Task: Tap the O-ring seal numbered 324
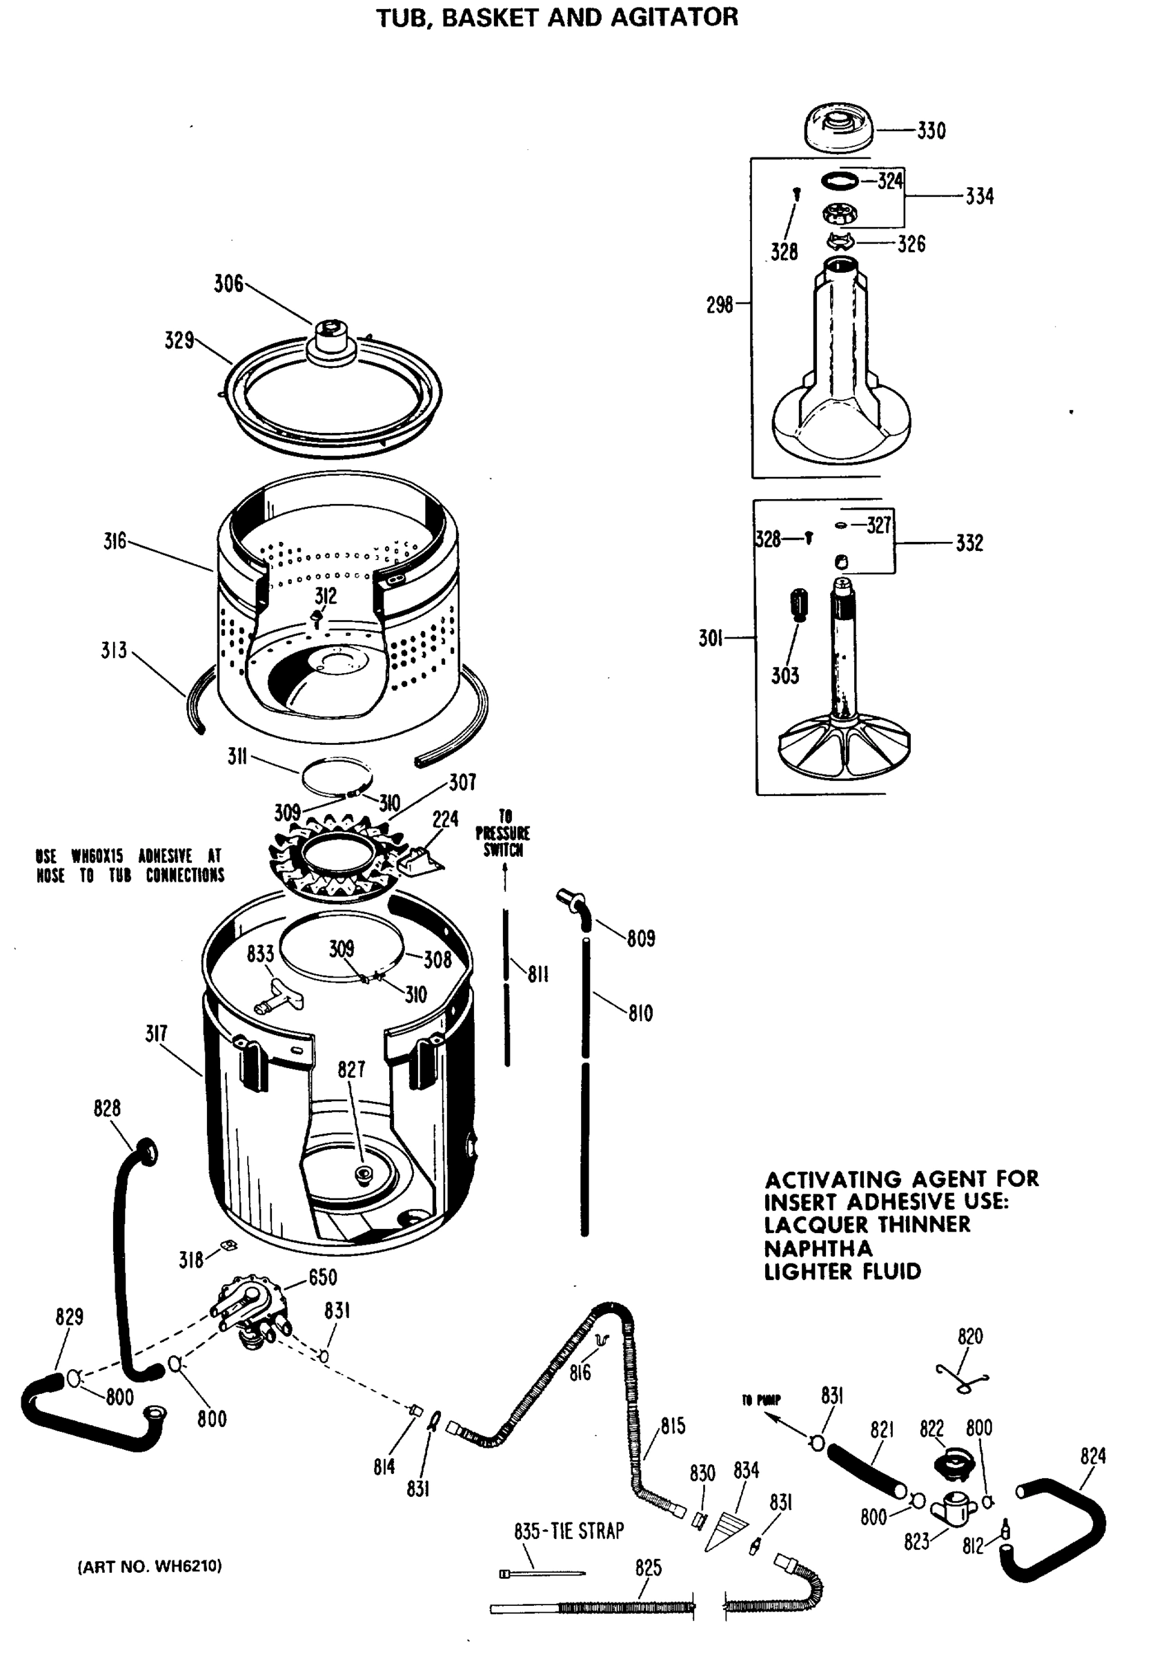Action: [x=840, y=180]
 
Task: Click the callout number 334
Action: [x=979, y=196]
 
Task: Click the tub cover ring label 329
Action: [x=179, y=340]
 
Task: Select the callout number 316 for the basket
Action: [x=115, y=541]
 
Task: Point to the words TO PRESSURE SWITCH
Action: [x=503, y=833]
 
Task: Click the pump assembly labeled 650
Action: [x=249, y=1312]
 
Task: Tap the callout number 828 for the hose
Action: [x=107, y=1108]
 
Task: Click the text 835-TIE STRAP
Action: [x=569, y=1531]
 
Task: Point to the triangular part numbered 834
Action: [x=727, y=1531]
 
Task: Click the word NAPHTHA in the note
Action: [x=818, y=1248]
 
